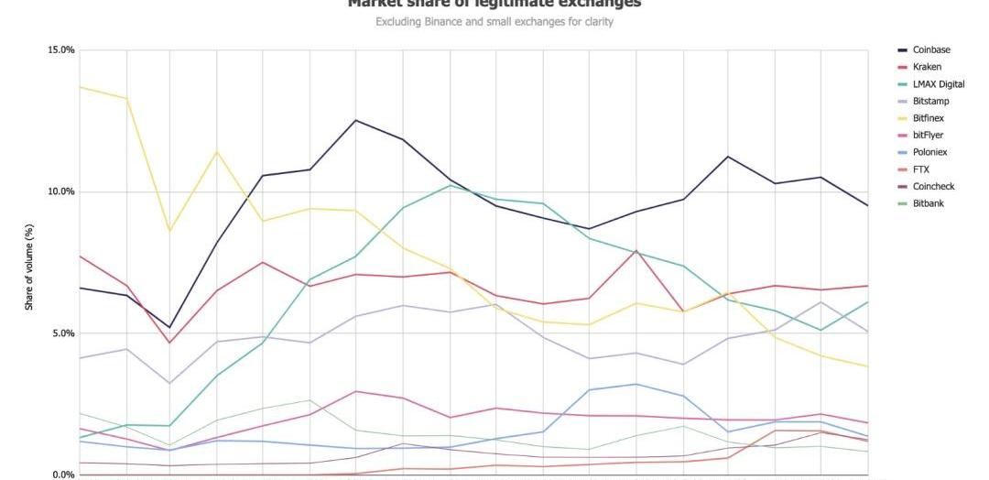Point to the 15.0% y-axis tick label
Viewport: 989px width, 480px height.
pyautogui.click(x=60, y=50)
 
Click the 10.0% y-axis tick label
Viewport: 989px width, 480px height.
pyautogui.click(x=60, y=191)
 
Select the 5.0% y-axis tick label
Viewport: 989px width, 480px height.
pyautogui.click(x=62, y=333)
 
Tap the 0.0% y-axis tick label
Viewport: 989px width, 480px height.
pyautogui.click(x=62, y=475)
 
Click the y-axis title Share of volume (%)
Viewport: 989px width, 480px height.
pyautogui.click(x=28, y=266)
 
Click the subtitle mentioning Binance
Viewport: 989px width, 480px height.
pyautogui.click(x=494, y=22)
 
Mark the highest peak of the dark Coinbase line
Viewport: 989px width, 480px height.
pyautogui.click(x=355, y=120)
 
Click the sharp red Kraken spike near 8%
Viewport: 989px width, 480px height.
pyautogui.click(x=636, y=250)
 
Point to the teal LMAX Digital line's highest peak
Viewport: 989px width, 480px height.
pyautogui.click(x=450, y=185)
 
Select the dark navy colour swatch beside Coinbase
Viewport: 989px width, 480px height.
pyautogui.click(x=902, y=50)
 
